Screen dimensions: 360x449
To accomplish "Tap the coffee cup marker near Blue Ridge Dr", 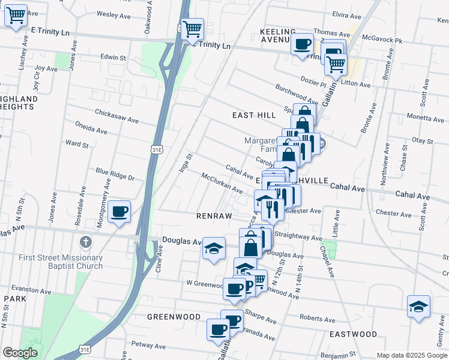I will [x=120, y=212].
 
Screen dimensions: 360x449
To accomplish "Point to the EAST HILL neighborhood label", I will [x=254, y=115].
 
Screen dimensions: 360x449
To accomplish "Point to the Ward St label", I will [x=77, y=144].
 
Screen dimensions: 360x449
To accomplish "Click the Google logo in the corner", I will [x=20, y=353].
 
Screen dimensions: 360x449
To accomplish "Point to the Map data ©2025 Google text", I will [x=412, y=355].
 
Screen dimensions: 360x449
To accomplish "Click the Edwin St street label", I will [x=113, y=58].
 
